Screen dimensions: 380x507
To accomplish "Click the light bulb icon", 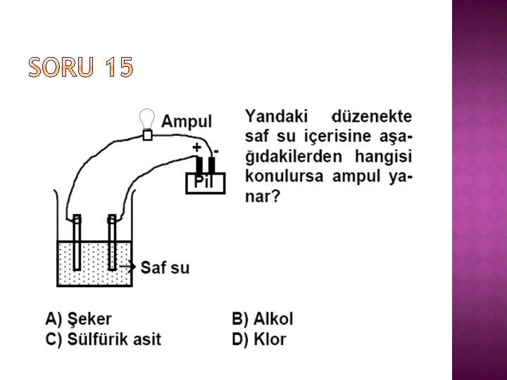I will pyautogui.click(x=146, y=118).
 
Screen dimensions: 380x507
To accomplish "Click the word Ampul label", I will pyautogui.click(x=187, y=120).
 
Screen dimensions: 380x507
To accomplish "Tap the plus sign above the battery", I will pyautogui.click(x=197, y=148).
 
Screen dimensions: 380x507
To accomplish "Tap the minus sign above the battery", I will pyautogui.click(x=215, y=149).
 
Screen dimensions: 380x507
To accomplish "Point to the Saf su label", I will pyautogui.click(x=165, y=267).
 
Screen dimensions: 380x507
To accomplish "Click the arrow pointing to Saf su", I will pyautogui.click(x=127, y=267).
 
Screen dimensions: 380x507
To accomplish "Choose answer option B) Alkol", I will pyautogui.click(x=262, y=319).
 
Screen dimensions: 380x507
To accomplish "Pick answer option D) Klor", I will pyautogui.click(x=258, y=339).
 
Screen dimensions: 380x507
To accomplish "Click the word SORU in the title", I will pyautogui.click(x=60, y=68).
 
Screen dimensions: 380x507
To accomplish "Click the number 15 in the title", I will pyautogui.click(x=117, y=68).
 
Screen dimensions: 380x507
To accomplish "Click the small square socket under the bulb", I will pyautogui.click(x=147, y=135).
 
